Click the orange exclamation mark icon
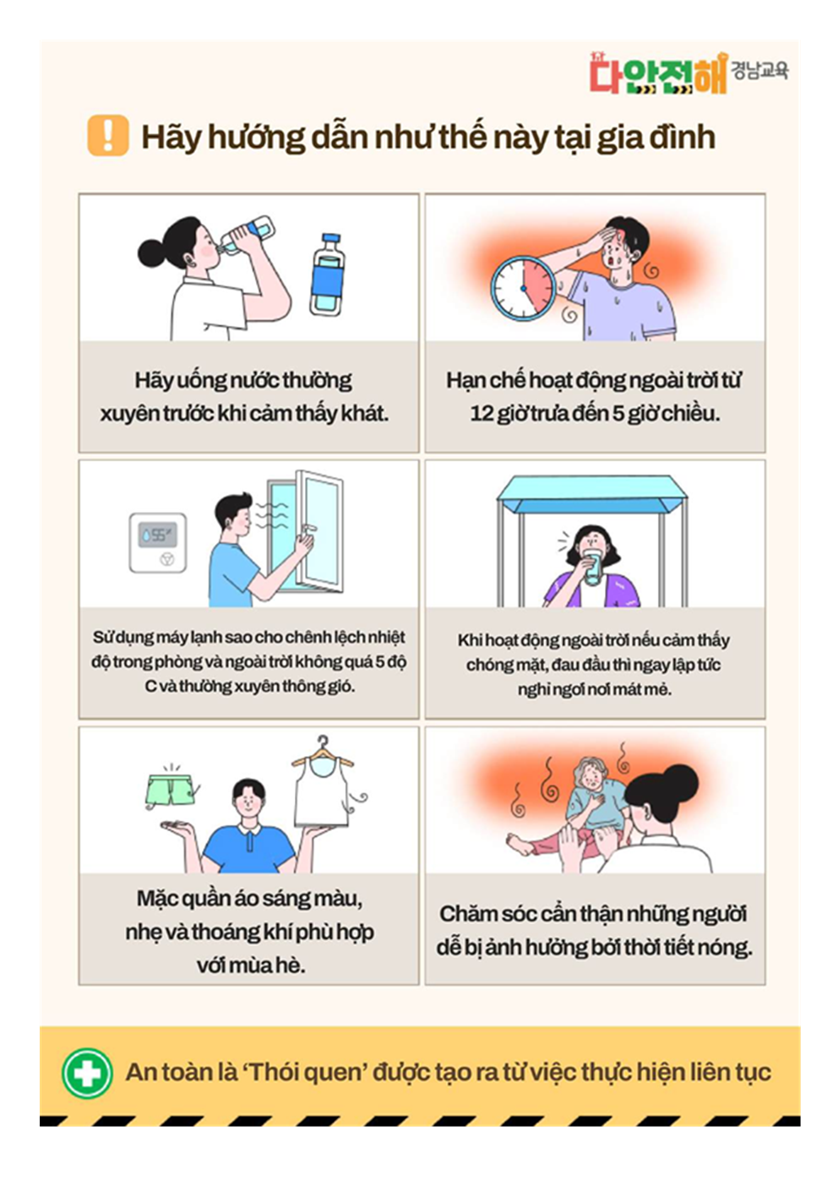pos(108,135)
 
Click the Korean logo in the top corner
pos(688,73)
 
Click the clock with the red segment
pos(523,288)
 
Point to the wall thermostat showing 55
pos(158,542)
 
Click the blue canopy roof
pos(592,494)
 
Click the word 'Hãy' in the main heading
pos(171,138)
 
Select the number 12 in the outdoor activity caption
pos(482,414)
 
